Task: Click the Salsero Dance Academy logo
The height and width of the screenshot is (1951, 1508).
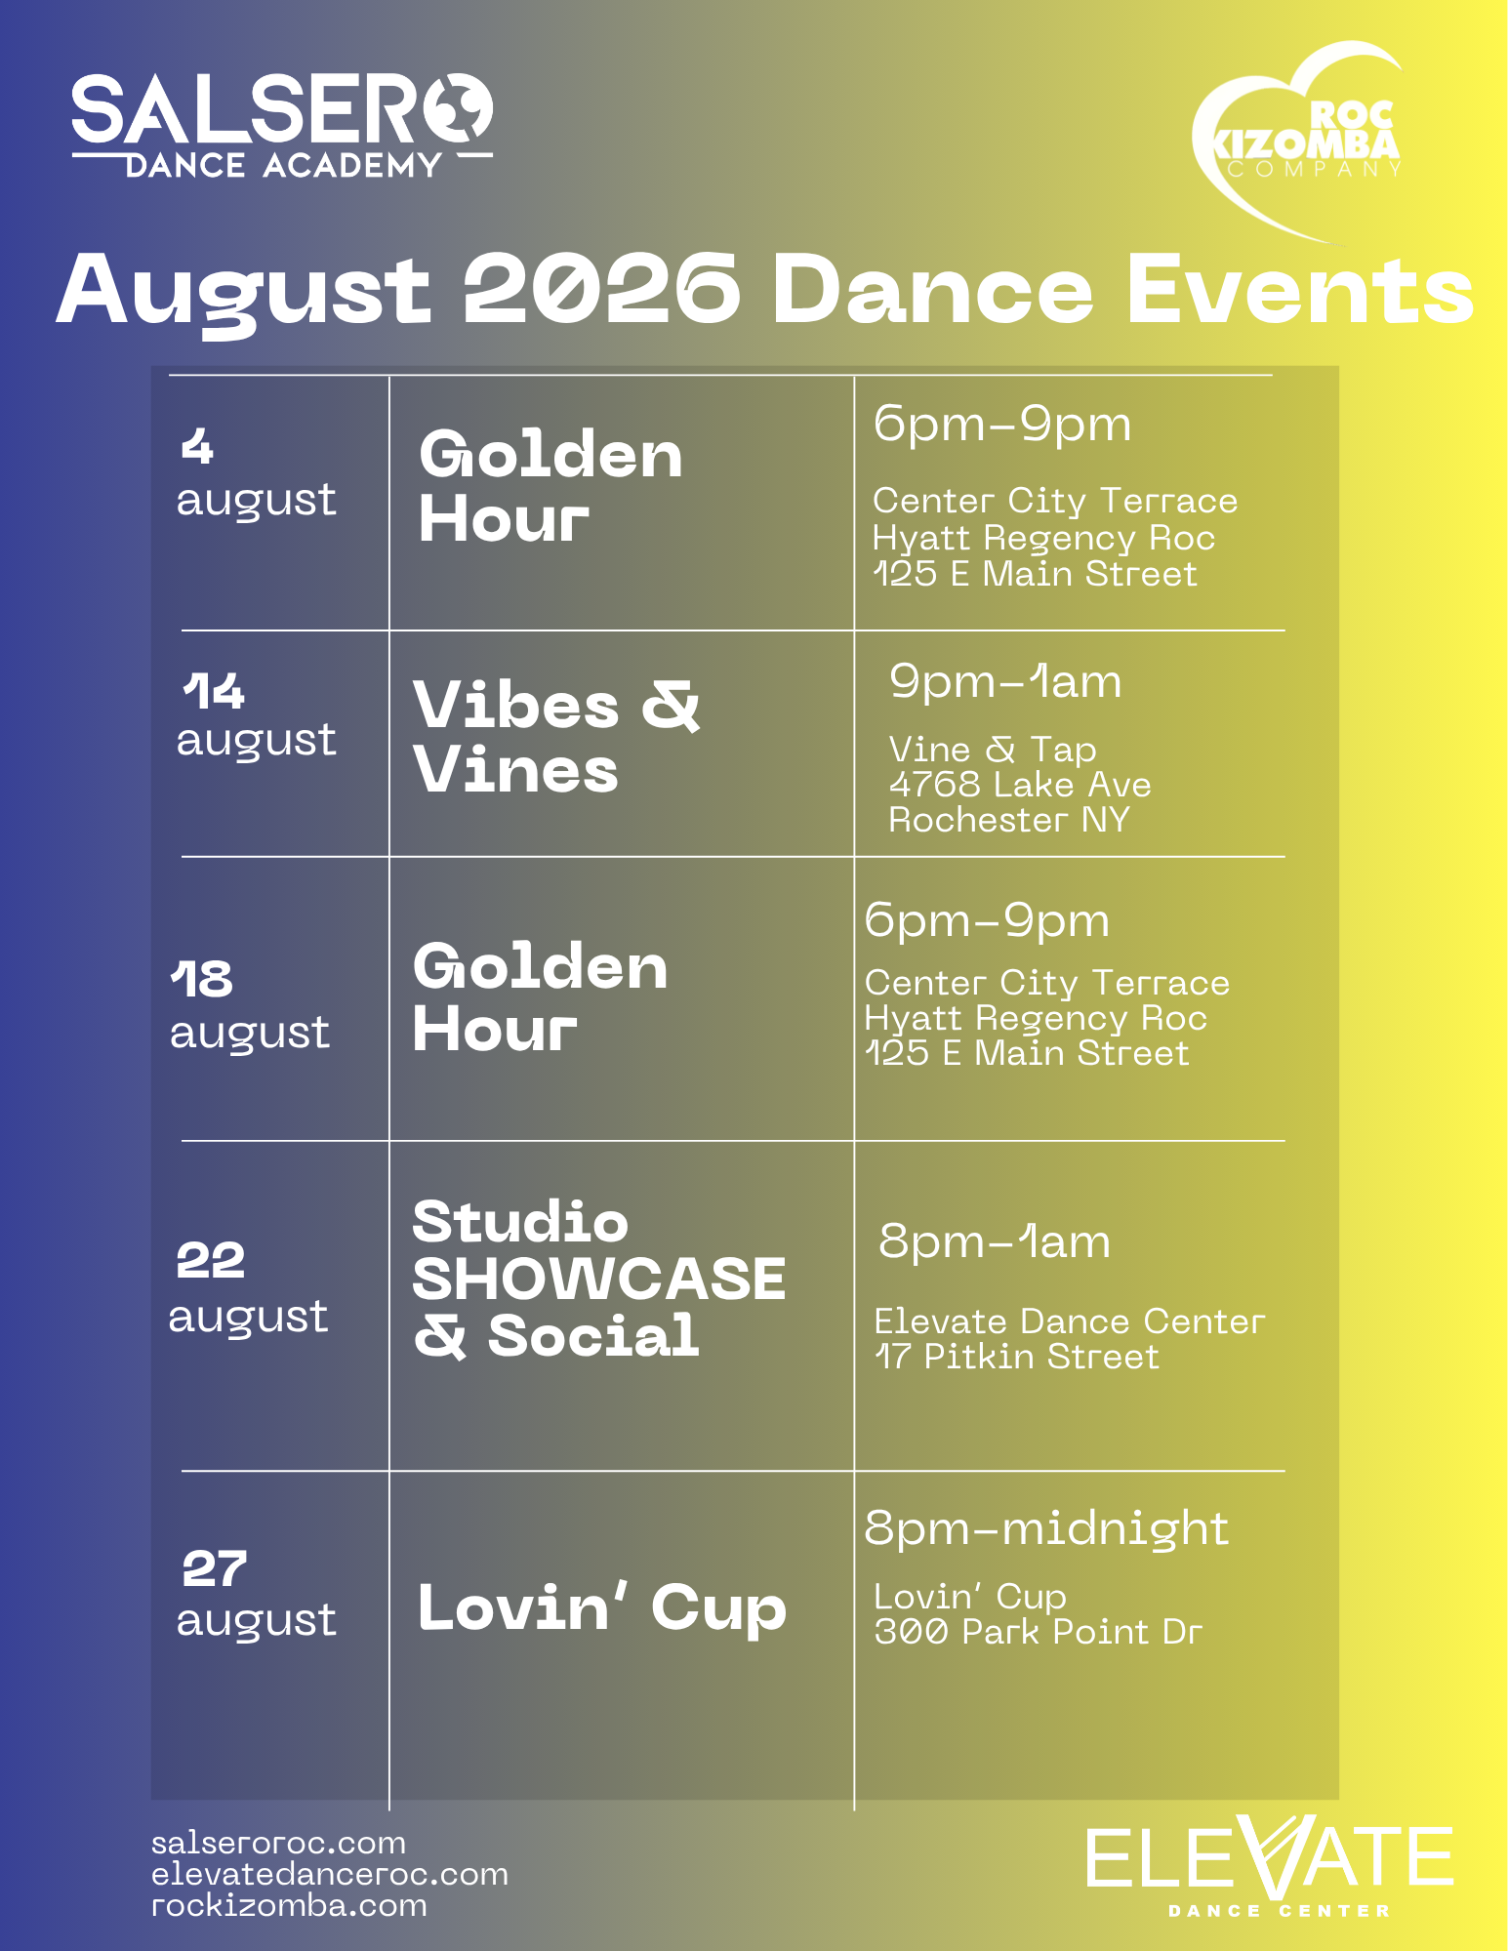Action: pyautogui.click(x=282, y=126)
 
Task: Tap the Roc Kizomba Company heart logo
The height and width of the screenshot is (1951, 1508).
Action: pyautogui.click(x=1297, y=142)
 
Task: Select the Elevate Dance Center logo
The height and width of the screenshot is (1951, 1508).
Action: pyautogui.click(x=1270, y=1867)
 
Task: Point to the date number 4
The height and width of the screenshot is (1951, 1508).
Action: pyautogui.click(x=197, y=447)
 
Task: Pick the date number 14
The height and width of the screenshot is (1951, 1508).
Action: pyautogui.click(x=213, y=691)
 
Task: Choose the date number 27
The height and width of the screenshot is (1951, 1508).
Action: pyautogui.click(x=214, y=1568)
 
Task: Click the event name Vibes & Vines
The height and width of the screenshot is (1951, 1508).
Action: pyautogui.click(x=555, y=737)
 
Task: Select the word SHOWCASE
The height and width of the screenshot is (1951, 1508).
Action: pyautogui.click(x=598, y=1279)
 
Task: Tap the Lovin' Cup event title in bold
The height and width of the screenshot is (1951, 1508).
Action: pyautogui.click(x=601, y=1606)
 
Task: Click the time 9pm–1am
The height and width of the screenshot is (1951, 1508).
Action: pyautogui.click(x=1004, y=681)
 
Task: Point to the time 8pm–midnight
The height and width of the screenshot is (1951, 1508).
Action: pyautogui.click(x=1045, y=1528)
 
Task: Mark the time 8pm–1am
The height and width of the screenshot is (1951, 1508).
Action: pyautogui.click(x=994, y=1241)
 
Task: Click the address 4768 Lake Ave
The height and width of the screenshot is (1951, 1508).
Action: pyautogui.click(x=1020, y=785)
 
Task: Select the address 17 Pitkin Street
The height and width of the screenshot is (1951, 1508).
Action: pyautogui.click(x=1016, y=1357)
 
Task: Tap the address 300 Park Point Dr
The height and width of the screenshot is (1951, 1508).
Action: pyautogui.click(x=1038, y=1632)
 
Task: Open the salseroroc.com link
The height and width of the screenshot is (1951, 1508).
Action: pyautogui.click(x=278, y=1843)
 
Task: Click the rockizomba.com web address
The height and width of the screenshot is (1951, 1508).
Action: pyautogui.click(x=289, y=1905)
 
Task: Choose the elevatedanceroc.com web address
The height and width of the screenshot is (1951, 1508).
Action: pyautogui.click(x=330, y=1874)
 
